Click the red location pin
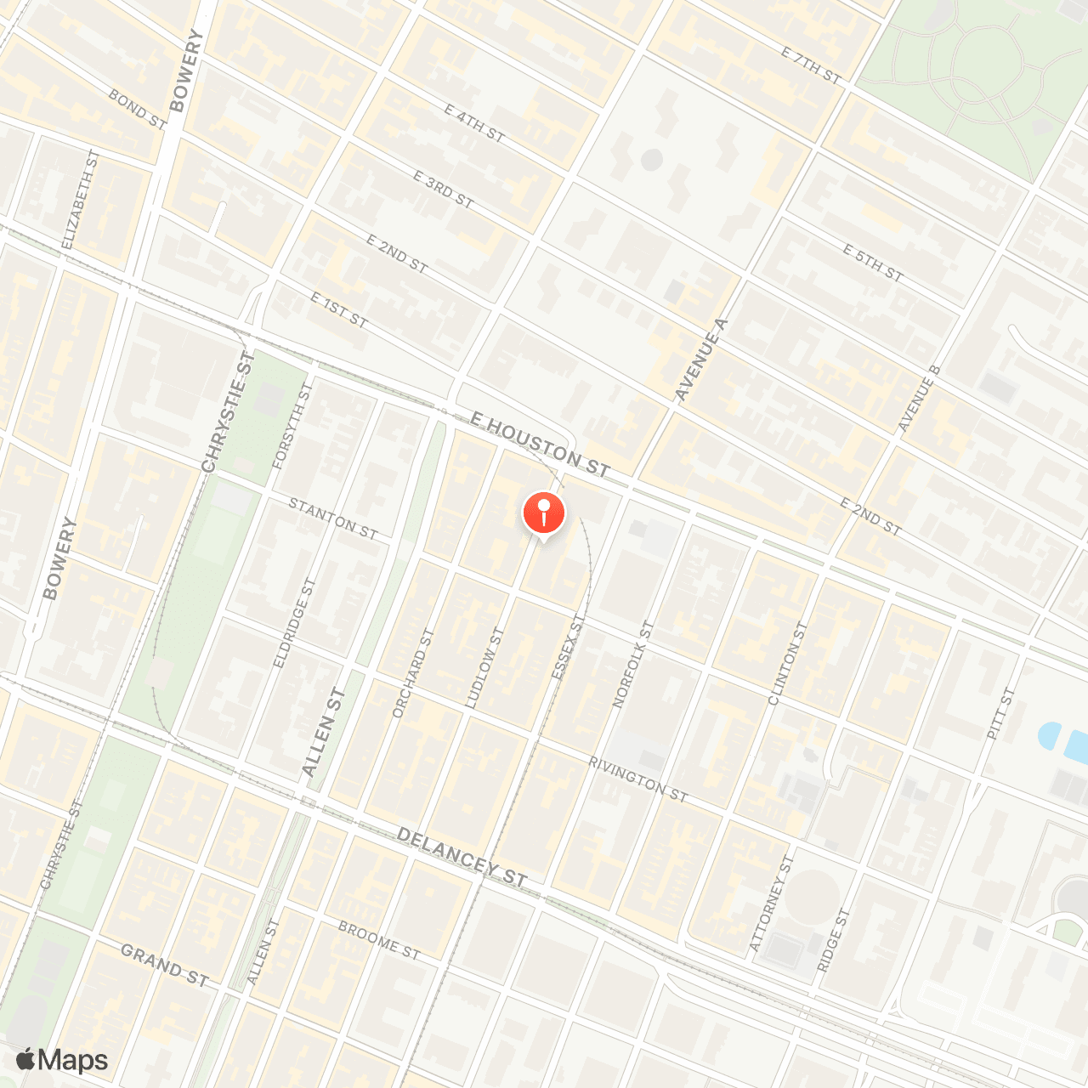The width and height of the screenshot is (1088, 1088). coord(543,513)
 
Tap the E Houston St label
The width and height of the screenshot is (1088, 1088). coord(540,445)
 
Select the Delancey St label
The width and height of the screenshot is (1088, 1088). coord(462,858)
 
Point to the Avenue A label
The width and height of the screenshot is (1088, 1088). coord(701,360)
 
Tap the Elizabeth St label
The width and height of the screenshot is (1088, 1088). coord(81,200)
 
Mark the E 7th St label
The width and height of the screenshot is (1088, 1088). coord(811,65)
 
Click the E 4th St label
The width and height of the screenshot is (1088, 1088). coord(474,123)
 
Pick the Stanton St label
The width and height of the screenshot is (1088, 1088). coord(332,518)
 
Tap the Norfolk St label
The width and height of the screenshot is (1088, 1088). coord(634,665)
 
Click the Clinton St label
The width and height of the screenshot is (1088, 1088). coord(787,663)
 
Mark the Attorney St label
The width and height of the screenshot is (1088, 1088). coord(771,904)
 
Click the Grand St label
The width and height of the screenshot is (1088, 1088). coord(164,966)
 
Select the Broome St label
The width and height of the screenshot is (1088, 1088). coord(379,940)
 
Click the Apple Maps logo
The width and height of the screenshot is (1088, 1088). coord(62,1060)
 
